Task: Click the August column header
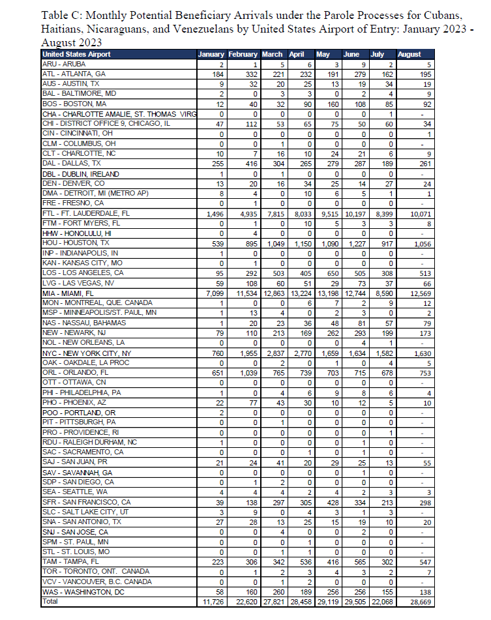[409, 54]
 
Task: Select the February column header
[243, 54]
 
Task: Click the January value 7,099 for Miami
[213, 293]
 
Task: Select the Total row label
[50, 602]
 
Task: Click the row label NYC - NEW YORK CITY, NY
[86, 353]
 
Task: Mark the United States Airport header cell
[76, 54]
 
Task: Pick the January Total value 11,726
[213, 602]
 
